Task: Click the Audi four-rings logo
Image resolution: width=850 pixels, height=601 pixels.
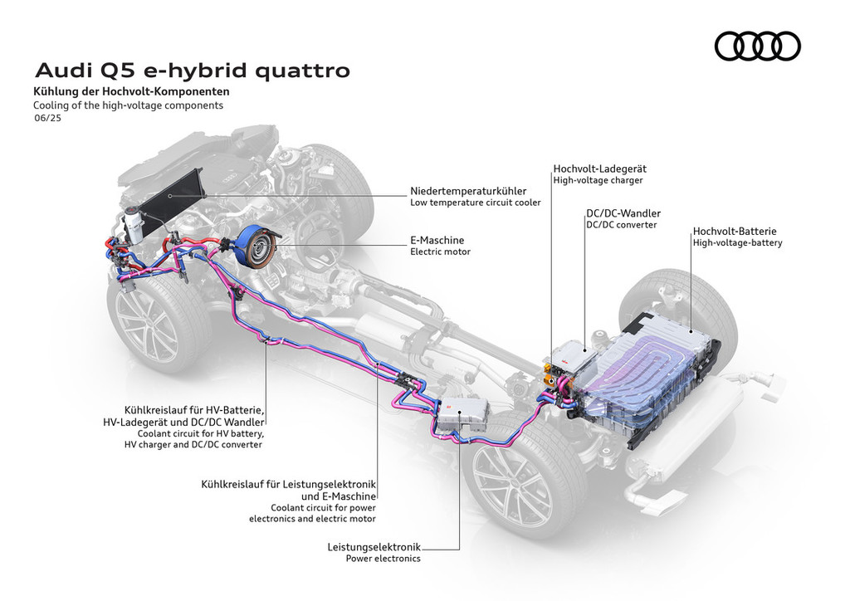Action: (757, 46)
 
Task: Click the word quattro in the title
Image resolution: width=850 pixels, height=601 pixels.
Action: (302, 71)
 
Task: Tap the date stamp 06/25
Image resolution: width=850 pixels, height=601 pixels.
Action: (46, 119)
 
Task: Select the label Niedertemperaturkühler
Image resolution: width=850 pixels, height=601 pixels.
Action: (468, 191)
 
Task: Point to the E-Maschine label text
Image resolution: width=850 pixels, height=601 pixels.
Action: (437, 240)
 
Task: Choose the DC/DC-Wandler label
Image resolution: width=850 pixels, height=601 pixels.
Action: (623, 213)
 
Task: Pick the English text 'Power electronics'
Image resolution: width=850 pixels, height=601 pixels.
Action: (383, 559)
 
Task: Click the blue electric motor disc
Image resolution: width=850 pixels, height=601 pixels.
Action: (254, 246)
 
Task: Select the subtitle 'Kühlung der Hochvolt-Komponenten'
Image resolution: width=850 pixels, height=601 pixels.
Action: (131, 92)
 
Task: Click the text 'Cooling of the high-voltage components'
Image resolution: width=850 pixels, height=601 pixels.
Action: (128, 105)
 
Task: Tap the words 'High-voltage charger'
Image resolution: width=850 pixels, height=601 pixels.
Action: (598, 179)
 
